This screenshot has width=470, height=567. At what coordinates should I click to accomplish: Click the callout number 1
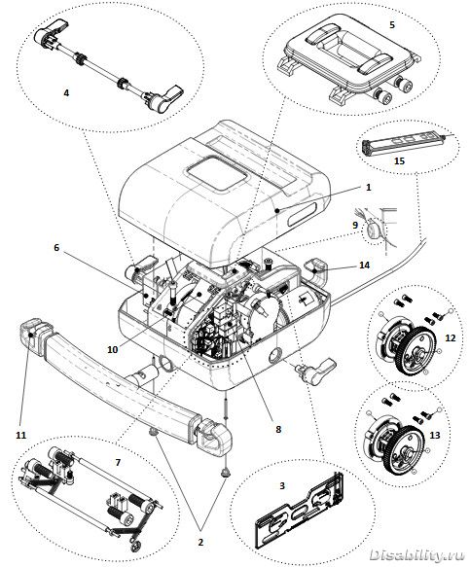pyautogui.click(x=368, y=188)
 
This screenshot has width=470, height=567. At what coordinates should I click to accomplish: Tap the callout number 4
pyautogui.click(x=66, y=93)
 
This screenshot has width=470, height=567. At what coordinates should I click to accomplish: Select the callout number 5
pyautogui.click(x=392, y=24)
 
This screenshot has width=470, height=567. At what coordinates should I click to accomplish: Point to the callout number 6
pyautogui.click(x=56, y=248)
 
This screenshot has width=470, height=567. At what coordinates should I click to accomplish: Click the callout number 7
pyautogui.click(x=118, y=462)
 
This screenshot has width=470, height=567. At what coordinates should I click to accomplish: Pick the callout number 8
pyautogui.click(x=278, y=429)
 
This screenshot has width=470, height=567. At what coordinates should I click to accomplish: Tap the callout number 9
pyautogui.click(x=355, y=225)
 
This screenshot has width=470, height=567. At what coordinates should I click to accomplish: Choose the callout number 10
pyautogui.click(x=113, y=350)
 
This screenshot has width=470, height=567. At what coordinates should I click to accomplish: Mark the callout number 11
pyautogui.click(x=21, y=435)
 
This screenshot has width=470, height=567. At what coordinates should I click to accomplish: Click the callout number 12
pyautogui.click(x=451, y=337)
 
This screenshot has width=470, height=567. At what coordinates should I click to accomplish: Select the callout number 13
pyautogui.click(x=435, y=435)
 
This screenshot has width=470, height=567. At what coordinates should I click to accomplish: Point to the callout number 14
pyautogui.click(x=364, y=266)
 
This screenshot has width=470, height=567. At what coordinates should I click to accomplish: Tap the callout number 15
pyautogui.click(x=399, y=160)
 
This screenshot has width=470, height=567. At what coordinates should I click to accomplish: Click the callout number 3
pyautogui.click(x=282, y=485)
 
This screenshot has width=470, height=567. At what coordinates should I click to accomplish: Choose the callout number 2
pyautogui.click(x=200, y=542)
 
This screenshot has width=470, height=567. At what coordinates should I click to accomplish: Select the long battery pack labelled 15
pyautogui.click(x=401, y=142)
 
